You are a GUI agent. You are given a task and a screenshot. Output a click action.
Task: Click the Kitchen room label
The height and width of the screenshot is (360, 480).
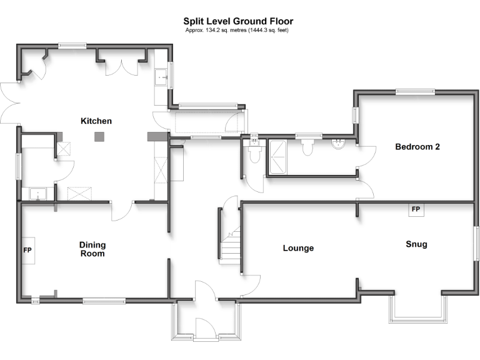click(96, 121)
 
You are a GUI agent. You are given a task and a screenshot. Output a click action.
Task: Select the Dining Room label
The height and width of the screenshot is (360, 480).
click(92, 249)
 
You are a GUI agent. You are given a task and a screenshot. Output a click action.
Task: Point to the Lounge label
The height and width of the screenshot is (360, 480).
click(298, 248)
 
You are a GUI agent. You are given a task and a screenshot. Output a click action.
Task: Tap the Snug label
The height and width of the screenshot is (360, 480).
click(416, 244)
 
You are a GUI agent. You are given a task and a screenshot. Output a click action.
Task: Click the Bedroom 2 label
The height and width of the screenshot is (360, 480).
click(417, 147)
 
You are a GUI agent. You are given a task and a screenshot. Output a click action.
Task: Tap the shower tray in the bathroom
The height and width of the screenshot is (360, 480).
click(278, 156)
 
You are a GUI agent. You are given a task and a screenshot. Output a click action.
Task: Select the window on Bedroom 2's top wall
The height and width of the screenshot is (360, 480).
click(414, 92)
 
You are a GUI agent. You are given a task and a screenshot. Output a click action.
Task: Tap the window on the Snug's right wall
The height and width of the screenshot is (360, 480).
click(475, 244)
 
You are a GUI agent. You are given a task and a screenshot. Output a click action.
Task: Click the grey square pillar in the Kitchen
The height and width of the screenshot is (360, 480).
click(99, 137)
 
